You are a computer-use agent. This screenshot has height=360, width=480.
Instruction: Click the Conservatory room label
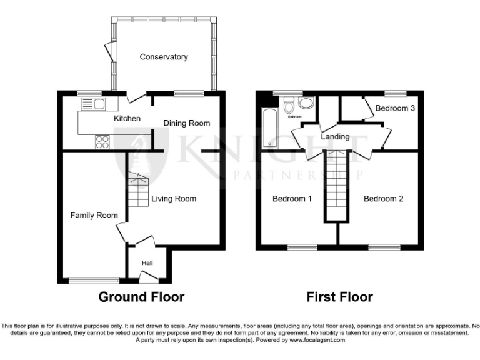164,57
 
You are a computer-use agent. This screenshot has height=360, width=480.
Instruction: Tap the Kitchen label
127,119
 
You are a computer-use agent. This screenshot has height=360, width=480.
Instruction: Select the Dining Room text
187,123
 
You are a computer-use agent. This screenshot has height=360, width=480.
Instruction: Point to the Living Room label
174,199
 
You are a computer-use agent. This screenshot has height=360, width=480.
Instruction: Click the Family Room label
94,216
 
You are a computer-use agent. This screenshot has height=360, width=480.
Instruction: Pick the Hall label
147,263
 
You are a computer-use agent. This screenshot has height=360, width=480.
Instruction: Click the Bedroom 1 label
292,199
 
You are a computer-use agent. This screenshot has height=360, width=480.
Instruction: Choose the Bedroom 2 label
383,199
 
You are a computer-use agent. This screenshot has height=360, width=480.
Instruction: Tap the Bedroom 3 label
395,108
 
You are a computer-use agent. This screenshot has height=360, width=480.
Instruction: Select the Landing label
335,137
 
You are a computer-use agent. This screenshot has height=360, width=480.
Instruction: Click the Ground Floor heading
141,297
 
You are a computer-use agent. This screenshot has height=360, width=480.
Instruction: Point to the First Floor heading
339,297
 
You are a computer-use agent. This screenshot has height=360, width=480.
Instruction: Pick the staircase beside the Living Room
137,191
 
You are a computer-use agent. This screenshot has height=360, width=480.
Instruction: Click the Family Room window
94,281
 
